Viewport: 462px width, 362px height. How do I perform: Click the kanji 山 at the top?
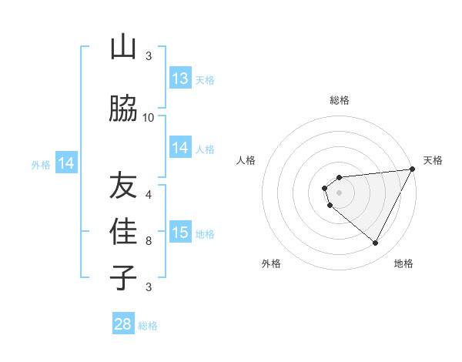click(123, 48)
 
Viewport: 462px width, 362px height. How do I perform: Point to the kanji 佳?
click(123, 231)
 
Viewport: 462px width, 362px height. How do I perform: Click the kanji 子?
click(123, 277)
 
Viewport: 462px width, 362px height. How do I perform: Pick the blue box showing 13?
click(180, 79)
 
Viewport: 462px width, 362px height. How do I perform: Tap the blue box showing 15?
click(180, 233)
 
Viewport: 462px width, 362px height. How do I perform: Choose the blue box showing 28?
click(123, 324)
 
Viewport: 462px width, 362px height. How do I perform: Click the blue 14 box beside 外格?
click(66, 163)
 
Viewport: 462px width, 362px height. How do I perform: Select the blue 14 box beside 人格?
click(180, 148)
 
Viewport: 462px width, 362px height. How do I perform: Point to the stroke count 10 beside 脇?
click(149, 117)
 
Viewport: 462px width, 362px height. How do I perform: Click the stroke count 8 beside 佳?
click(149, 240)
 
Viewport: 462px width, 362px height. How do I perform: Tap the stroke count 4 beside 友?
click(149, 194)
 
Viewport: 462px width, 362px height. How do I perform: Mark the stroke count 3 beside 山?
click(149, 56)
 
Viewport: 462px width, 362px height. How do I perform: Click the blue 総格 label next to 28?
click(148, 326)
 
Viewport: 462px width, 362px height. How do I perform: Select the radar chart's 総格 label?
click(339, 100)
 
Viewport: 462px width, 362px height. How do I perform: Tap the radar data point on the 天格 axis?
click(413, 169)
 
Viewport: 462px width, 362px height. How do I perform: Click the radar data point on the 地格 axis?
click(376, 243)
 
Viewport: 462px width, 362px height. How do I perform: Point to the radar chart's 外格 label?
click(271, 263)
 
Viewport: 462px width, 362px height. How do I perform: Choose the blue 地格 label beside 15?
click(205, 233)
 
